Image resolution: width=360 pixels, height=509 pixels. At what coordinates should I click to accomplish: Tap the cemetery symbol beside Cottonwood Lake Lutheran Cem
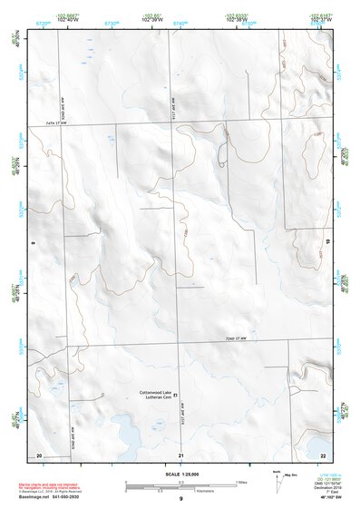[x=177, y=395]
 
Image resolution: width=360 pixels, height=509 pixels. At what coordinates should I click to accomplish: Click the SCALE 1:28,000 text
[x=179, y=475]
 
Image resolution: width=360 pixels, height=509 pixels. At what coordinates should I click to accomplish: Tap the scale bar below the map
[x=180, y=484]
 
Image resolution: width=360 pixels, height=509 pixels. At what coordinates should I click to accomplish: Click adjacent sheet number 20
[x=39, y=454]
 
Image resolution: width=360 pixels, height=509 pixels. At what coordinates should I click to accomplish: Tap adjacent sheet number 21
[x=181, y=454]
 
